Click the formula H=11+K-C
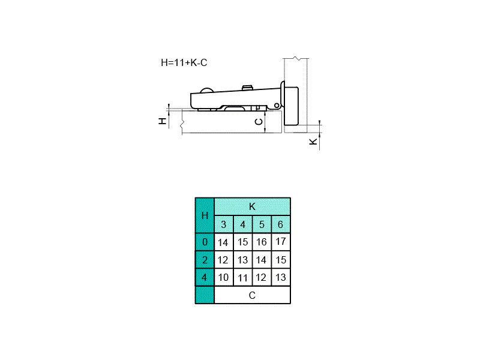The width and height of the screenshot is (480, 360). click(184, 62)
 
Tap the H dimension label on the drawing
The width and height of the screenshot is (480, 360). click(163, 121)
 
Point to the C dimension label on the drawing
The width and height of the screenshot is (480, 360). click(259, 122)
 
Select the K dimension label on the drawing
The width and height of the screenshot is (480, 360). click(313, 142)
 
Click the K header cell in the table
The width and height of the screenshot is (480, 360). click(252, 206)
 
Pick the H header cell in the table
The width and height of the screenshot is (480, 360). click(205, 215)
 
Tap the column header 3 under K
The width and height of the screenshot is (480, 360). click(224, 224)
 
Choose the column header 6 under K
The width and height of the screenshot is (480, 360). click(281, 224)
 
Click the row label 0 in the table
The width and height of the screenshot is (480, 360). click(205, 242)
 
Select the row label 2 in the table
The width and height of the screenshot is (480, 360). click(205, 260)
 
